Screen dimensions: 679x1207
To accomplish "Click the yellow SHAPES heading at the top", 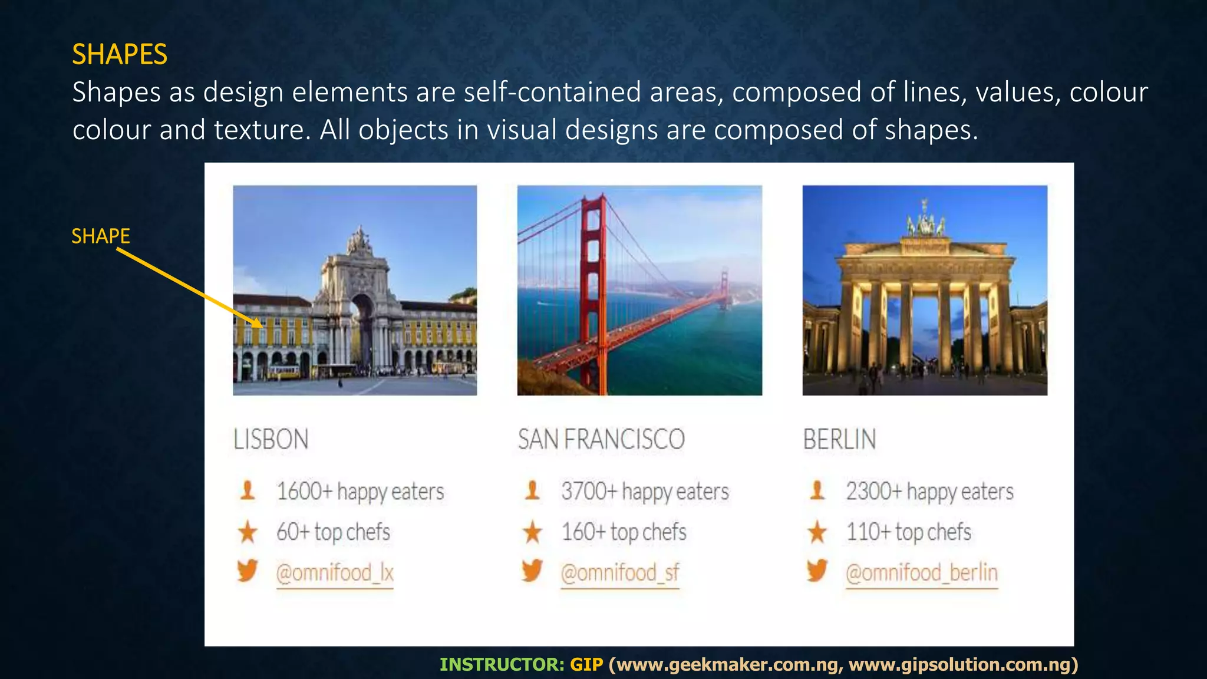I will (x=120, y=54).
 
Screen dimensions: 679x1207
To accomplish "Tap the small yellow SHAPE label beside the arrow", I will (x=101, y=236).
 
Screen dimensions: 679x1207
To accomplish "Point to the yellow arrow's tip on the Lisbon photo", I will (x=261, y=326).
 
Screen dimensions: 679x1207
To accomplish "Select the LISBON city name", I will (x=271, y=440).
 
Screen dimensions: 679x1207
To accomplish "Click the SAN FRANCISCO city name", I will (x=601, y=440).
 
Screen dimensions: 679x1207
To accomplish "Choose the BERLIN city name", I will (x=839, y=440).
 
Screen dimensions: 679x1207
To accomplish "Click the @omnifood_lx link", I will (x=335, y=573).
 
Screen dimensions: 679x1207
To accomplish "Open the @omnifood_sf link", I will (x=620, y=573).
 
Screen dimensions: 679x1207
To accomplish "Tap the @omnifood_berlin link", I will (x=922, y=573).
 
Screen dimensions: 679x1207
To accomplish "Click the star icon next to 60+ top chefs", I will (x=248, y=532).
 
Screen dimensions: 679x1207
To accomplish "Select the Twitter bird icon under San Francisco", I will (x=532, y=571).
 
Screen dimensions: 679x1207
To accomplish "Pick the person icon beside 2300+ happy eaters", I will (x=817, y=490).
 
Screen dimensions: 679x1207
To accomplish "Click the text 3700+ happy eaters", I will (x=645, y=492).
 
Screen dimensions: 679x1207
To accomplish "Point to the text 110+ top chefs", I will (x=909, y=532).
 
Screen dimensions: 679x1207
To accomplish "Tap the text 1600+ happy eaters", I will (x=360, y=492).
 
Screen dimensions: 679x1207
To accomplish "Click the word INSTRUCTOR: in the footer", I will (x=502, y=665).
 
